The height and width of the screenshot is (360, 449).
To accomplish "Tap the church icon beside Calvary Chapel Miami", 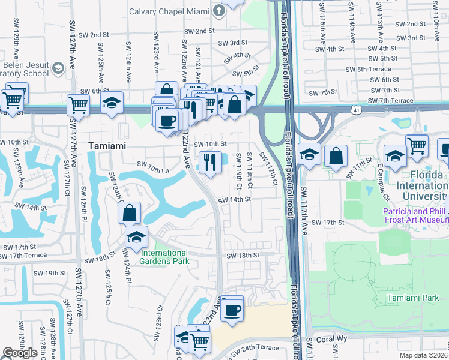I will click(x=218, y=10).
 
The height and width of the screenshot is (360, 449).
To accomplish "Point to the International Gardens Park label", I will click(x=165, y=256).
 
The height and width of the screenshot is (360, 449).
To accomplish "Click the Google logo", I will click(x=20, y=353).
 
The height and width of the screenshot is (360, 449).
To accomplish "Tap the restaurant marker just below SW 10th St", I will click(x=209, y=161).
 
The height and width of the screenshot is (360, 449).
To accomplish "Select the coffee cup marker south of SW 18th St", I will click(x=232, y=310).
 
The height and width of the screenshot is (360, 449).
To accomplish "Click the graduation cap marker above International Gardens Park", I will click(x=136, y=236).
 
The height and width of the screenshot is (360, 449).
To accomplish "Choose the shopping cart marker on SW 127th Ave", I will click(x=78, y=105).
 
